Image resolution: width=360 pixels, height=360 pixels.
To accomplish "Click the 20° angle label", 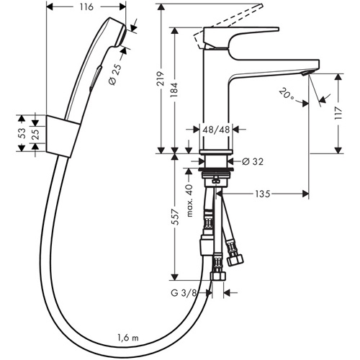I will point(287,94).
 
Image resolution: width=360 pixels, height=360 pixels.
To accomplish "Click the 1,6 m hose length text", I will point(130,336).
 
